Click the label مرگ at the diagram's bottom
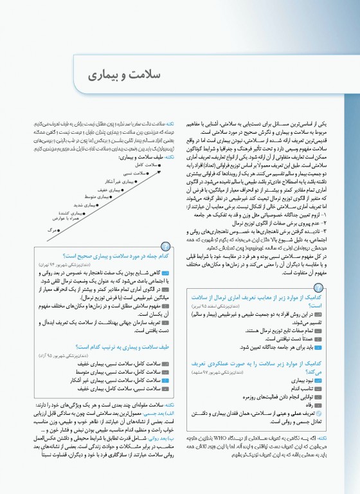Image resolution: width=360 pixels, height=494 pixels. [52, 230]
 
